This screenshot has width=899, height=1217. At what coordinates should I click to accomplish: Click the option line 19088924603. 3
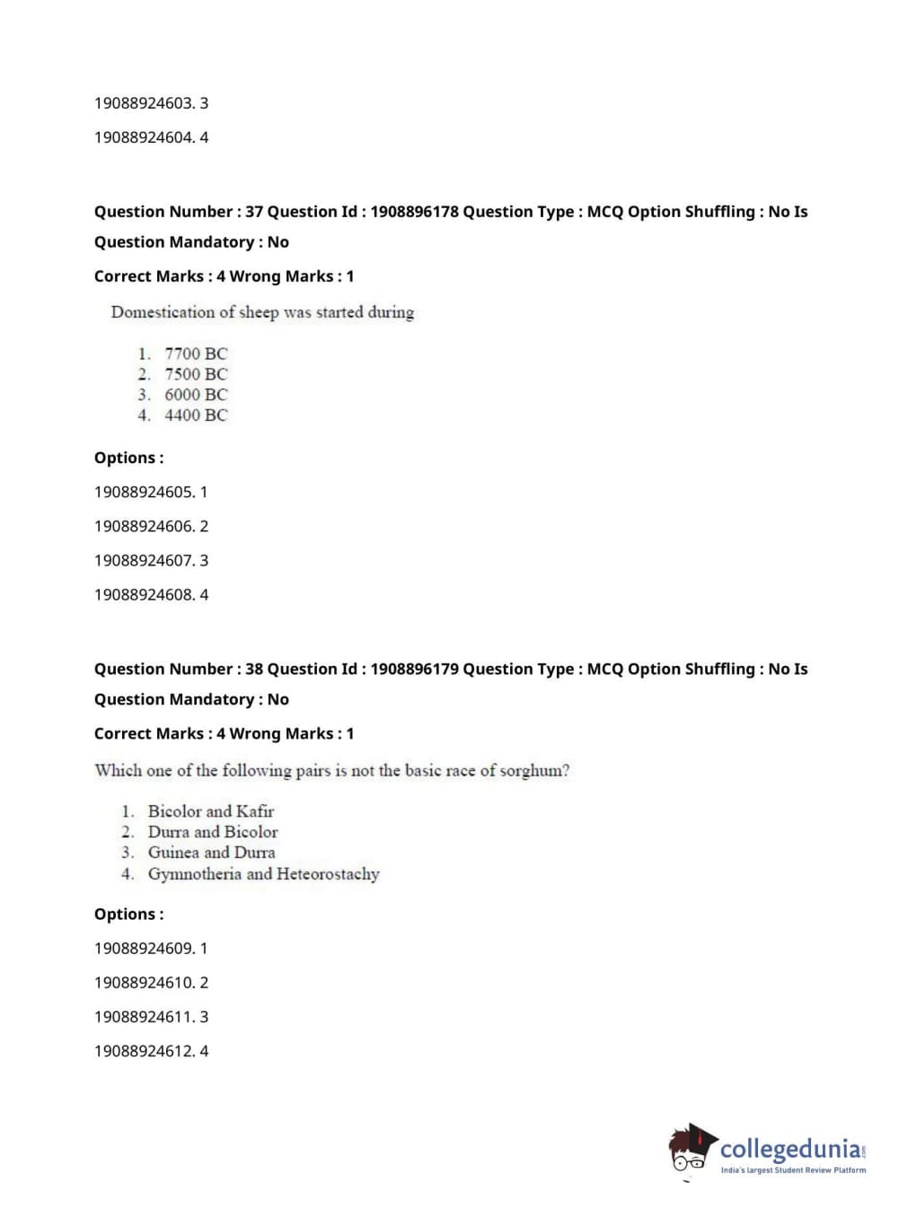coord(151,103)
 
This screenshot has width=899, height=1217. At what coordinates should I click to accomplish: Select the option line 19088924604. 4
coord(151,137)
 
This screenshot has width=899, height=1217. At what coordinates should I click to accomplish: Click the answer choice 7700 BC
coord(196,354)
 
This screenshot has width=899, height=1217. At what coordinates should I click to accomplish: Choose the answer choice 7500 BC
coord(196,374)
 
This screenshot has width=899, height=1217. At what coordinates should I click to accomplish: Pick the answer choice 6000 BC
coord(196,395)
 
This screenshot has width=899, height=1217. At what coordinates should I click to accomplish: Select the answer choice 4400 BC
coord(196,416)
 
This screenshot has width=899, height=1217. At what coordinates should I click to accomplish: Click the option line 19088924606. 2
coord(151,526)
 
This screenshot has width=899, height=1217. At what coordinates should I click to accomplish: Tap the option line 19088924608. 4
coord(151,594)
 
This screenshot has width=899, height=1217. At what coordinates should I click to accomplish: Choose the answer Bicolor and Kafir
coord(210,811)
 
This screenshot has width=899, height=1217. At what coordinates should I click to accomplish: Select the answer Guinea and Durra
coord(211,853)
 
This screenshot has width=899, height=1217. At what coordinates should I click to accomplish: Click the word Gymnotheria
coord(194,874)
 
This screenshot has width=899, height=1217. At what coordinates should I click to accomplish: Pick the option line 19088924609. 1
coord(151,949)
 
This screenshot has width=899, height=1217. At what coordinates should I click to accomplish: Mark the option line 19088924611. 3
coord(151,1017)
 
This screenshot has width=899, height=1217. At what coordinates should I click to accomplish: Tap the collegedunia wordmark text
coord(789,1149)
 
